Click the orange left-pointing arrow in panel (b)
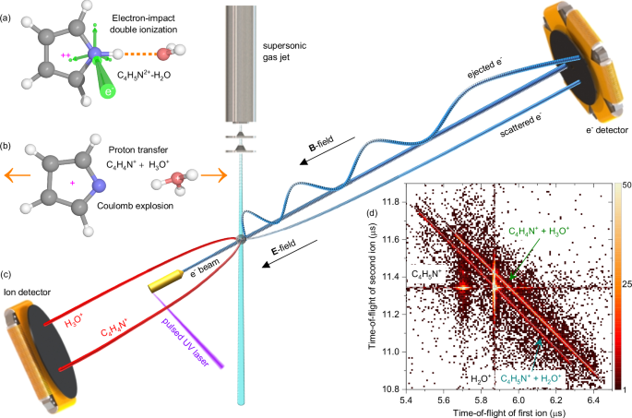[x=12, y=174]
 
